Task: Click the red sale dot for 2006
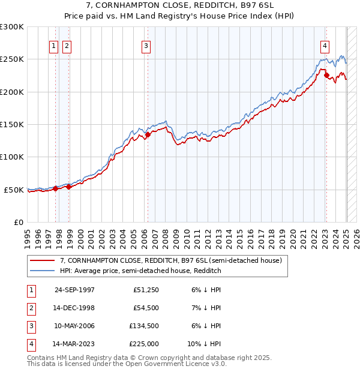point(148,134)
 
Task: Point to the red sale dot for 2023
point(326,76)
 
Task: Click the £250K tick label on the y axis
point(12,59)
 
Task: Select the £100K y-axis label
point(12,157)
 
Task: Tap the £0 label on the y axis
point(18,222)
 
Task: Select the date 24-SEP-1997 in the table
point(74,290)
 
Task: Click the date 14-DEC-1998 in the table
point(74,308)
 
